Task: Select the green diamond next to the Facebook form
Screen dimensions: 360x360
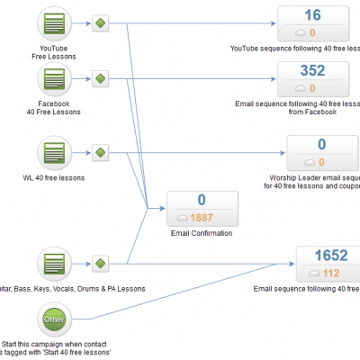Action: coord(100,79)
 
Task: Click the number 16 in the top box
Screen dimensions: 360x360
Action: coord(313,15)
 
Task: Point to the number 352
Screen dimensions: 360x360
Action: coord(313,71)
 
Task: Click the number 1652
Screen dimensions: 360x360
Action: coord(313,256)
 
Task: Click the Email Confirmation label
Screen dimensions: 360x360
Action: coord(202,233)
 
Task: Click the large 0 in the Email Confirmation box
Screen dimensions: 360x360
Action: coord(202,200)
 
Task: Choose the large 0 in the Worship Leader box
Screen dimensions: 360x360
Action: coord(321,144)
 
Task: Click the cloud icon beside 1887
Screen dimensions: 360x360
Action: coord(182,217)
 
